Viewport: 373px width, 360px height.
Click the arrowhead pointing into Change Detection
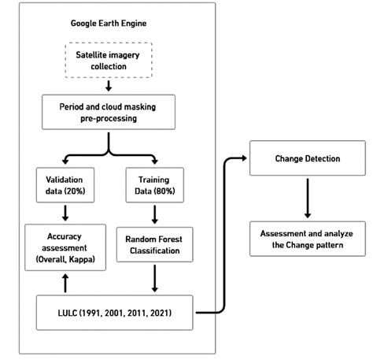click(243, 159)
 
